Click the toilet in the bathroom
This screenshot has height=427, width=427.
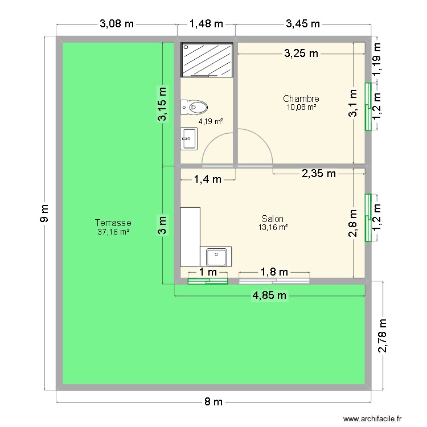[195, 106]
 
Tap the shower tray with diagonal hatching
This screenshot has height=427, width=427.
[207, 59]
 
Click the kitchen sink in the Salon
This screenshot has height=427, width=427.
[216, 257]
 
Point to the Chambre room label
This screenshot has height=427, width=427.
[301, 99]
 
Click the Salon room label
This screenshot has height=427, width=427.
[273, 219]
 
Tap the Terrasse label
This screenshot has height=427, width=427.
[114, 223]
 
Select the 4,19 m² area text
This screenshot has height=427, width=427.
[210, 121]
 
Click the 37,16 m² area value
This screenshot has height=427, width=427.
[114, 232]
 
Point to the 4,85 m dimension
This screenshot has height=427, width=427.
[270, 295]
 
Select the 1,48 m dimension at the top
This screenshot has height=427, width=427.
[206, 24]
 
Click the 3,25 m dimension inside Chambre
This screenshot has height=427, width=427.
[301, 54]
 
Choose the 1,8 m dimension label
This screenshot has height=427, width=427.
[274, 272]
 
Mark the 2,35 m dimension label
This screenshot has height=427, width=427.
[318, 174]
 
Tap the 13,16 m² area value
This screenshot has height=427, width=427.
[273, 227]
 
